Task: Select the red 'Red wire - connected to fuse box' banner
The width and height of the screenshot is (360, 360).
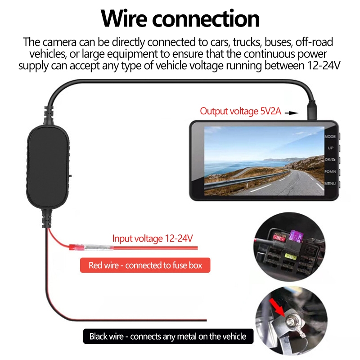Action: click(x=145, y=265)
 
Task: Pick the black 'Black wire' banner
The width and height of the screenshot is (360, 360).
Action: click(x=168, y=336)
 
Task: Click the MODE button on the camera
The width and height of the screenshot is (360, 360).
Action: click(x=330, y=136)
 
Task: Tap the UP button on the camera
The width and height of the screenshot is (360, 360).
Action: click(x=330, y=148)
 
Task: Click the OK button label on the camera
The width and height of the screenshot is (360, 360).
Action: click(x=330, y=160)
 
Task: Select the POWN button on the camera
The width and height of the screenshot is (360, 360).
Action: click(x=330, y=171)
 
